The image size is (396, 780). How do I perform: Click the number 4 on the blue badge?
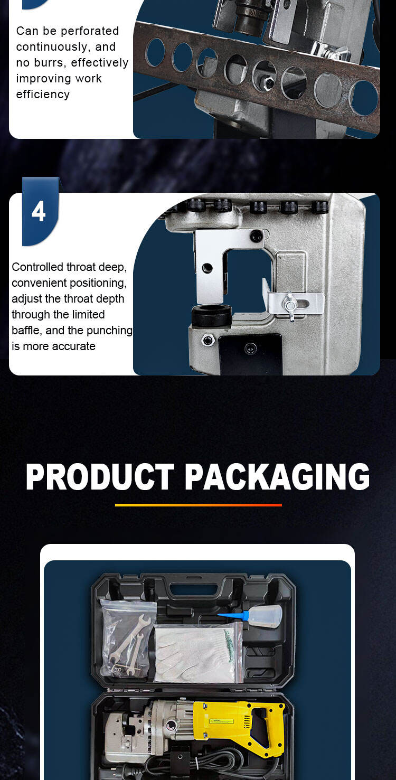tap(39, 211)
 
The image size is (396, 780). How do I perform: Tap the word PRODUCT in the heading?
tap(100, 477)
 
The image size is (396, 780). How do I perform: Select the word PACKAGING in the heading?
tap(277, 477)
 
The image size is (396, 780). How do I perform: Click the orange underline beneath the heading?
tap(198, 505)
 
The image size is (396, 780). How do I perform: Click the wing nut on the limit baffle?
tap(290, 305)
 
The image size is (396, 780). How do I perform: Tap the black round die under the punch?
tap(211, 315)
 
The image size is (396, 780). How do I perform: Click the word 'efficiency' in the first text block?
tap(43, 95)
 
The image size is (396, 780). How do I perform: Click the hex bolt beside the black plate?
tap(208, 340)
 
